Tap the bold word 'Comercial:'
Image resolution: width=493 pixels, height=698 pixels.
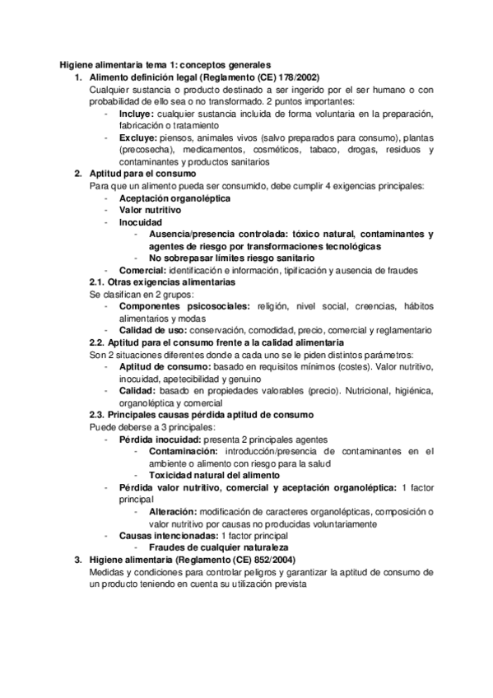click(x=142, y=270)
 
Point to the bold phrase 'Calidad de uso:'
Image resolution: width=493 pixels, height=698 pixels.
click(x=153, y=329)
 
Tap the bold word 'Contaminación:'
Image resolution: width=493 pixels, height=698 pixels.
click(x=186, y=451)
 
